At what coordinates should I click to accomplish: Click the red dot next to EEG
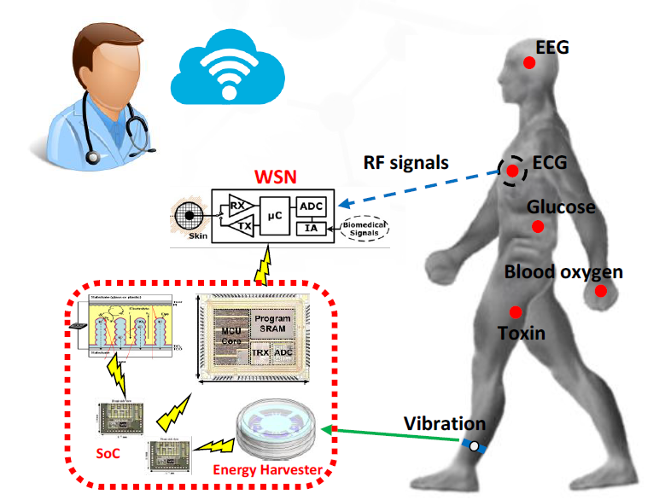pos(529,62)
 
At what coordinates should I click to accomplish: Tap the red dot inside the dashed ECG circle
pos(512,172)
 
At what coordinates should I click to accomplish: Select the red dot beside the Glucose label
pos(538,226)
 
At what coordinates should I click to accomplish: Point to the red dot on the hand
pos(601,291)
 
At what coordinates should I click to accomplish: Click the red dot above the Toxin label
pos(516,312)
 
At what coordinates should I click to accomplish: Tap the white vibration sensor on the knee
pos(474,445)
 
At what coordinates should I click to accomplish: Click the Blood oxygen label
pos(563,272)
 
